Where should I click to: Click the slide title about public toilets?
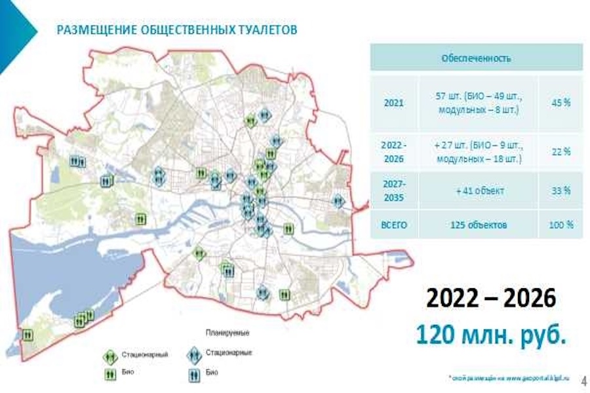pyautogui.click(x=177, y=30)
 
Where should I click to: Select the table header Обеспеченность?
pyautogui.click(x=476, y=58)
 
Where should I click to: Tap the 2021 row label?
pyautogui.click(x=394, y=103)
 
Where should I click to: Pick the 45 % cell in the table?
pyautogui.click(x=560, y=103)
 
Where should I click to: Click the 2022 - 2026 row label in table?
pyautogui.click(x=394, y=151)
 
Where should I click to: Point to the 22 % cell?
pyautogui.click(x=560, y=151)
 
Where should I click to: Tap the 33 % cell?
pyautogui.click(x=560, y=191)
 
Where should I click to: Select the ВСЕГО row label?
pyautogui.click(x=394, y=225)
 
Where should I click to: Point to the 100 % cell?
pyautogui.click(x=560, y=225)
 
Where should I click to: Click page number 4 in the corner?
pyautogui.click(x=583, y=380)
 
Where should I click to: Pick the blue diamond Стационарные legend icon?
pyautogui.click(x=194, y=354)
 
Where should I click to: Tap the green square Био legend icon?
pyautogui.click(x=110, y=373)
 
